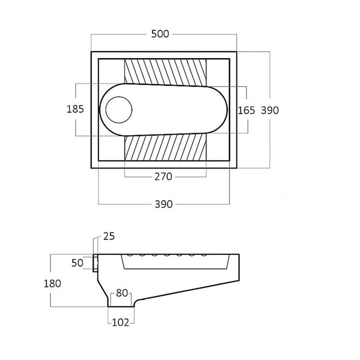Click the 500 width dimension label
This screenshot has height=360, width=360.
pyautogui.click(x=160, y=34)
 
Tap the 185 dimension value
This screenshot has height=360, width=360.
pyautogui.click(x=75, y=109)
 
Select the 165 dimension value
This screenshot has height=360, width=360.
pyautogui.click(x=246, y=110)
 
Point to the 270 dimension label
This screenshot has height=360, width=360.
pyautogui.click(x=163, y=176)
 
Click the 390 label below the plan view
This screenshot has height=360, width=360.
pyautogui.click(x=163, y=204)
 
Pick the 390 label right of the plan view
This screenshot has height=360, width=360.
pyautogui.click(x=270, y=110)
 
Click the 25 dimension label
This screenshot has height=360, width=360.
pyautogui.click(x=109, y=236)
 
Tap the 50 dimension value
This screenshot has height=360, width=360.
pyautogui.click(x=77, y=263)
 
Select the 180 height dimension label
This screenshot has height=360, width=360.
pyautogui.click(x=52, y=283)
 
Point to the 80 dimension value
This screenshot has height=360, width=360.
pyautogui.click(x=121, y=293)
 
